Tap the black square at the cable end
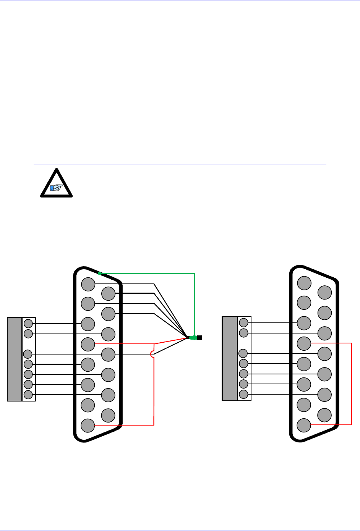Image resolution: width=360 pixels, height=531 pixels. [199, 338]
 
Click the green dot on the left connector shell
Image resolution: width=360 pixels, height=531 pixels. [99, 273]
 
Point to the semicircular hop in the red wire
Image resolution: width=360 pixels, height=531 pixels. [152, 355]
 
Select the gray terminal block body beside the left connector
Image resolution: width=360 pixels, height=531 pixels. [15, 359]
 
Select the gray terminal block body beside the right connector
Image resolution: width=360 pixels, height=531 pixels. [229, 358]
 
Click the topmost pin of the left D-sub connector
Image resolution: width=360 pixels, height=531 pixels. [88, 284]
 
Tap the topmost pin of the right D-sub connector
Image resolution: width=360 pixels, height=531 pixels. [304, 283]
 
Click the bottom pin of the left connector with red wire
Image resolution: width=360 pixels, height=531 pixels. [88, 425]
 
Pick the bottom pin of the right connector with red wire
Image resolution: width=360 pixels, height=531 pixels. [304, 425]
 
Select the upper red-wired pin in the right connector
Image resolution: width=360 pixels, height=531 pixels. [304, 343]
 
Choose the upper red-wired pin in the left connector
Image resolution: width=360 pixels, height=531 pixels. [88, 344]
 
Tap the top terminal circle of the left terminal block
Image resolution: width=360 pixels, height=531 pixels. [28, 324]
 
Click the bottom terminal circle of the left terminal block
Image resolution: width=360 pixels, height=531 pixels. [28, 395]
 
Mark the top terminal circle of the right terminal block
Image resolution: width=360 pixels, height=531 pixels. [243, 323]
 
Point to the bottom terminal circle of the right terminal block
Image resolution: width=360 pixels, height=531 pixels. [243, 394]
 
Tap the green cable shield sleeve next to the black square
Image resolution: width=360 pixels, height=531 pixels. [193, 338]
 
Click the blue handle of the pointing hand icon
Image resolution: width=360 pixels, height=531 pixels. [52, 188]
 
